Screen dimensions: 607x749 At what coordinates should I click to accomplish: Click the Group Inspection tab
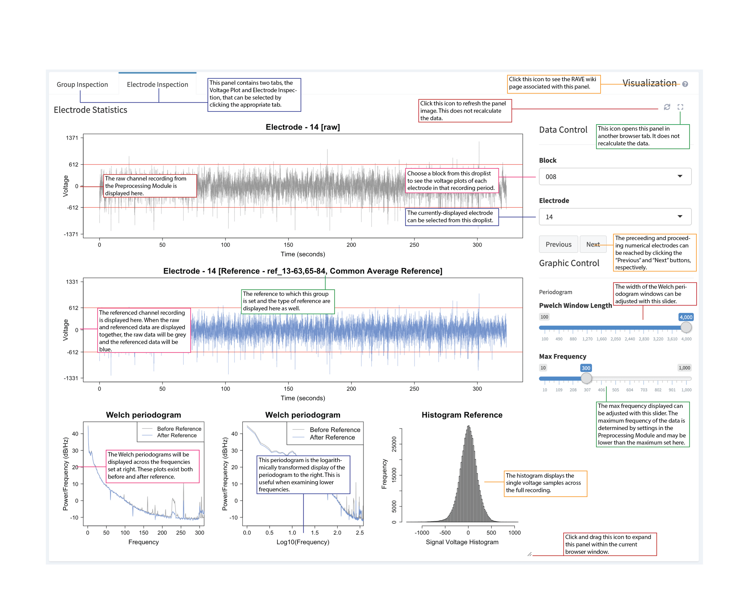pos(82,84)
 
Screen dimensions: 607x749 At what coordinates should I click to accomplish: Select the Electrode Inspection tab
pos(157,84)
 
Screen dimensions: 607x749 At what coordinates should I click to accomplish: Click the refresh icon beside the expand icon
pos(667,107)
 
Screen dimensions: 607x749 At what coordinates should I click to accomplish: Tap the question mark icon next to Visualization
pos(685,84)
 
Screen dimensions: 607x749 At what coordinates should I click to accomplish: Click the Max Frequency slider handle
pos(586,378)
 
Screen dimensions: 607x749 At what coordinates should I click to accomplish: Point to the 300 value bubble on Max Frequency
pos(586,368)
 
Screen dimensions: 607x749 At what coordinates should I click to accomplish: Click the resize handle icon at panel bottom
pos(529,554)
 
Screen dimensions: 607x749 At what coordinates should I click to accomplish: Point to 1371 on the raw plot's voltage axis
pos(72,138)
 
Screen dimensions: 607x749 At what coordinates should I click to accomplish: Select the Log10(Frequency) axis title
pos(303,542)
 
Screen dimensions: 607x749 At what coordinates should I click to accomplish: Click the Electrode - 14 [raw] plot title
pos(303,127)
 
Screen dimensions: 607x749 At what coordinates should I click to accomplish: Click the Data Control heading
pos(563,130)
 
